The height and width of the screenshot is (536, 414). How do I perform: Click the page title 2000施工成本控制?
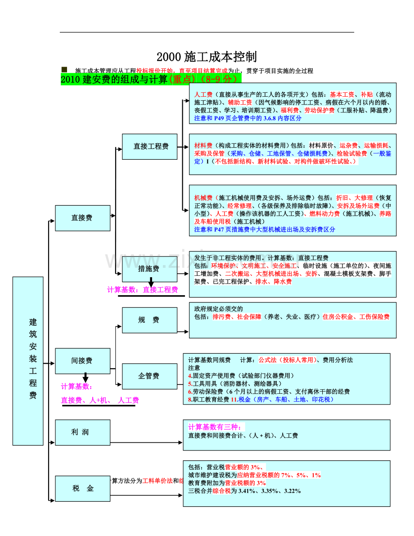point(207,57)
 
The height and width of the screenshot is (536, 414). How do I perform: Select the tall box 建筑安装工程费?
point(28,361)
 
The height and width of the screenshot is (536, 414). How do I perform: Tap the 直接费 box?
point(82,218)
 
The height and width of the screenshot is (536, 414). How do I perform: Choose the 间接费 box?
point(82,361)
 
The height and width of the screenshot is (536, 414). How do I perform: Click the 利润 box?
point(82,432)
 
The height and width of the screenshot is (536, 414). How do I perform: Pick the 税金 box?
point(82,488)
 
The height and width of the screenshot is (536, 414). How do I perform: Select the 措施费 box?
point(149,269)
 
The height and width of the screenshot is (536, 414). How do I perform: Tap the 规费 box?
point(149,320)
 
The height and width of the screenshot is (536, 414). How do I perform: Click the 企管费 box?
point(149,376)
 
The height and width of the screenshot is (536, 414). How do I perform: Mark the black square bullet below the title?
point(64,69)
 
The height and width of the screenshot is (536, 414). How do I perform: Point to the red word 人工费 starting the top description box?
point(203,95)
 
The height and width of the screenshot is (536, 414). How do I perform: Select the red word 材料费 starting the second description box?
point(203,145)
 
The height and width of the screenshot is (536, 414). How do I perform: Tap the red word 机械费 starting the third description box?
point(203,198)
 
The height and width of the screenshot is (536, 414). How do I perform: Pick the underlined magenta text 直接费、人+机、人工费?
point(99,400)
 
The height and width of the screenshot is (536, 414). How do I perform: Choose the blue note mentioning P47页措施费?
point(265,229)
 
